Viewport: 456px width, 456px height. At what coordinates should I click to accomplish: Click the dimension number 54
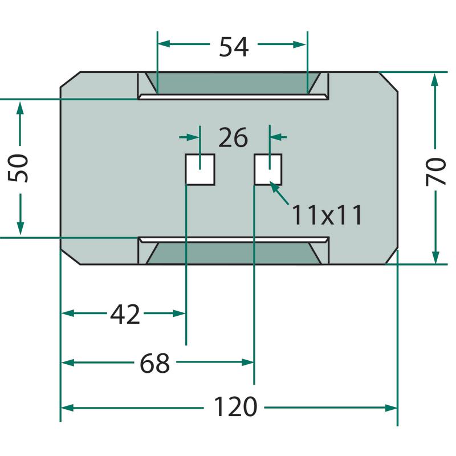(x=234, y=47)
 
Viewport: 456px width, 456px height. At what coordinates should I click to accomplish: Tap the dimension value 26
(x=233, y=138)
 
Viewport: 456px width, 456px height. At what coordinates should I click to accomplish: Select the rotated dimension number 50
(x=21, y=168)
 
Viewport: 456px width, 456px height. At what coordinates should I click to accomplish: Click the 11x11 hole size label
(x=327, y=215)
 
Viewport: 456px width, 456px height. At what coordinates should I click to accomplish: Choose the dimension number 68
(x=155, y=363)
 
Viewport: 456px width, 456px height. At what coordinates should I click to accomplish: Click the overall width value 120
(x=235, y=408)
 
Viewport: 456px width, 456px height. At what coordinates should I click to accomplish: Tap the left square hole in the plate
(x=200, y=169)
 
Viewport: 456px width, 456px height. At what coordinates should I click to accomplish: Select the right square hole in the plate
(x=267, y=169)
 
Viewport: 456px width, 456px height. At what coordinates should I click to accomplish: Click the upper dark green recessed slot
(x=233, y=83)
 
